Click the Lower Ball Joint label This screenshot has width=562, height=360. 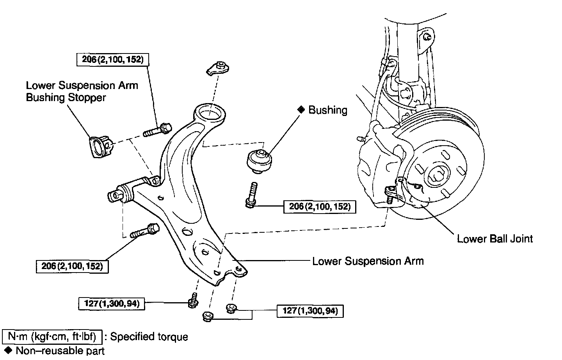(494, 239)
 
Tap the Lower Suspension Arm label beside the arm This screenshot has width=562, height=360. (368, 261)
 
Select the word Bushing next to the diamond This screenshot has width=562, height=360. (327, 110)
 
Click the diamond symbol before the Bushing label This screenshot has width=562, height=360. (301, 110)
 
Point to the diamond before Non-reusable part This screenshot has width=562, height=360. (7, 350)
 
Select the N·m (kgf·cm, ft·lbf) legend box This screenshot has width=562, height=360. (52, 336)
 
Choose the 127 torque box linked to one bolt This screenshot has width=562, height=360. (112, 303)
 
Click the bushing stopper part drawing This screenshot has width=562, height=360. (100, 146)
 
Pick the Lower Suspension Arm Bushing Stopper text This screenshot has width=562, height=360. (82, 91)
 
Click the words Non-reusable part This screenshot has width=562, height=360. (60, 350)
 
